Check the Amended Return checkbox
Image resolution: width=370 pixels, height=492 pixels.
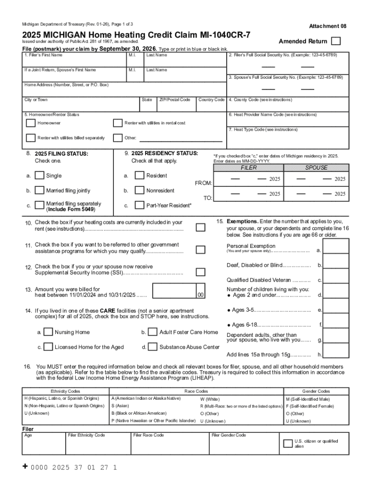pos(337,41)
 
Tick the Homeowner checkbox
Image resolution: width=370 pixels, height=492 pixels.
pos(31,123)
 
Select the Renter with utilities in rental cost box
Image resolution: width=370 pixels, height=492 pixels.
pos(117,123)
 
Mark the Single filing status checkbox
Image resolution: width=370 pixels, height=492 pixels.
pos(40,176)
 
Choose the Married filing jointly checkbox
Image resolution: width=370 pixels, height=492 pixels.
pos(40,190)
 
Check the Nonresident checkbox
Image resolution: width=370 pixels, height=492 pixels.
pos(140,190)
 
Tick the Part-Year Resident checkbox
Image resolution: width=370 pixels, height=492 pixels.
pos(140,206)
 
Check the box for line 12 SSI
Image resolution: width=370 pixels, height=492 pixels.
pos(201,270)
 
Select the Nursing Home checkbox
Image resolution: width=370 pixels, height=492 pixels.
pos(48,332)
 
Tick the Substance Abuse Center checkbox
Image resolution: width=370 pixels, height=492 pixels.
pos(153,347)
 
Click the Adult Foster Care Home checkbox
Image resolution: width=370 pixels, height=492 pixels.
pos(153,332)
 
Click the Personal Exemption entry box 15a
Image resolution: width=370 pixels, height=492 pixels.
pos(336,247)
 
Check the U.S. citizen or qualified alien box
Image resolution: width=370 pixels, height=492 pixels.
pos(286,443)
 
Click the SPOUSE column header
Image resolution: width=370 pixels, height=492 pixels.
pos(316,168)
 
